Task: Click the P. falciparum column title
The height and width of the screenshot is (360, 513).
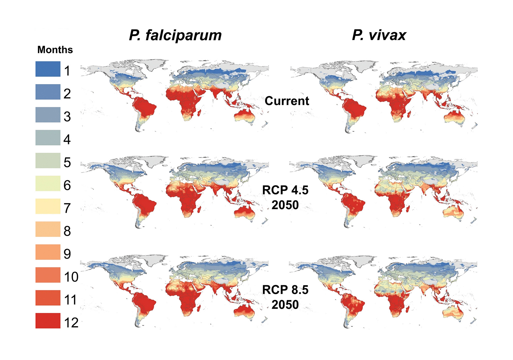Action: click(175, 35)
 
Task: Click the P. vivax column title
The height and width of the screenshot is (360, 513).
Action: click(379, 35)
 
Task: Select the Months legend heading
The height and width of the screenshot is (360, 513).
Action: click(55, 50)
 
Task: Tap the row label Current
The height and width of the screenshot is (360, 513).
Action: click(287, 101)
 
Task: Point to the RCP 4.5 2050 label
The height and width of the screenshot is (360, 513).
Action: click(285, 197)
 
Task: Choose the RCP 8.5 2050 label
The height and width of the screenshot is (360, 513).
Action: click(285, 297)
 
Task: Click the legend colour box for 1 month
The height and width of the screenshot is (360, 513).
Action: click(48, 69)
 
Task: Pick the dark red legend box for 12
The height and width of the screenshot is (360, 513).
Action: click(48, 321)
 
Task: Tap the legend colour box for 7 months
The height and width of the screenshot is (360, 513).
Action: click(48, 206)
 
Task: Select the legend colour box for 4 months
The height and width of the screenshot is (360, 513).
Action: click(48, 138)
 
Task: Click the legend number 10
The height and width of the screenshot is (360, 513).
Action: click(71, 277)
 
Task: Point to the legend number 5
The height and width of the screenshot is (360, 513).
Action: click(67, 162)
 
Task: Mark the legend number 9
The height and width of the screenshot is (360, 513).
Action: click(67, 254)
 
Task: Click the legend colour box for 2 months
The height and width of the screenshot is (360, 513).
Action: click(48, 92)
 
